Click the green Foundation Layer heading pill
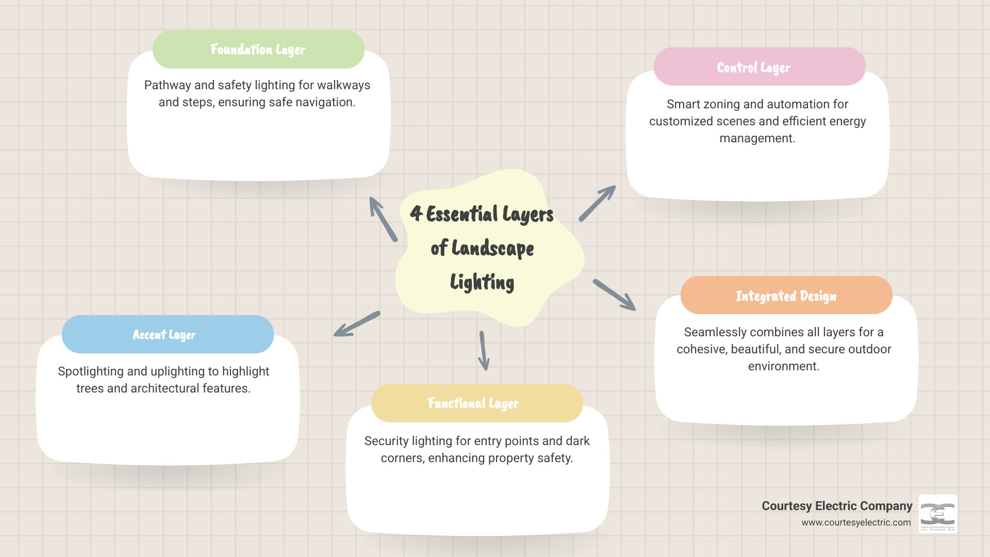[x=258, y=50]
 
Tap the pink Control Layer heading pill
[x=759, y=67]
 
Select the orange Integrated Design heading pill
[x=786, y=296]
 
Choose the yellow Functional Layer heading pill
[x=476, y=403]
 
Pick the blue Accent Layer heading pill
[x=168, y=335]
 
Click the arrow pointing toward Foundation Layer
[x=383, y=219]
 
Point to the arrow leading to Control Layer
[x=597, y=203]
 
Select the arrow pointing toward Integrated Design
[x=614, y=295]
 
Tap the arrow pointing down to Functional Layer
[x=484, y=351]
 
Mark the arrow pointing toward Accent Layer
[x=357, y=324]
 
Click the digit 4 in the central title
[x=416, y=213]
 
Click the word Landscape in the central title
[x=492, y=249]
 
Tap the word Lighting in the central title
[x=482, y=282]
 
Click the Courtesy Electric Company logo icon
[x=938, y=514]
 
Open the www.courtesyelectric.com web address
[x=856, y=522]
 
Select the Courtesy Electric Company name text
[x=837, y=506]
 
